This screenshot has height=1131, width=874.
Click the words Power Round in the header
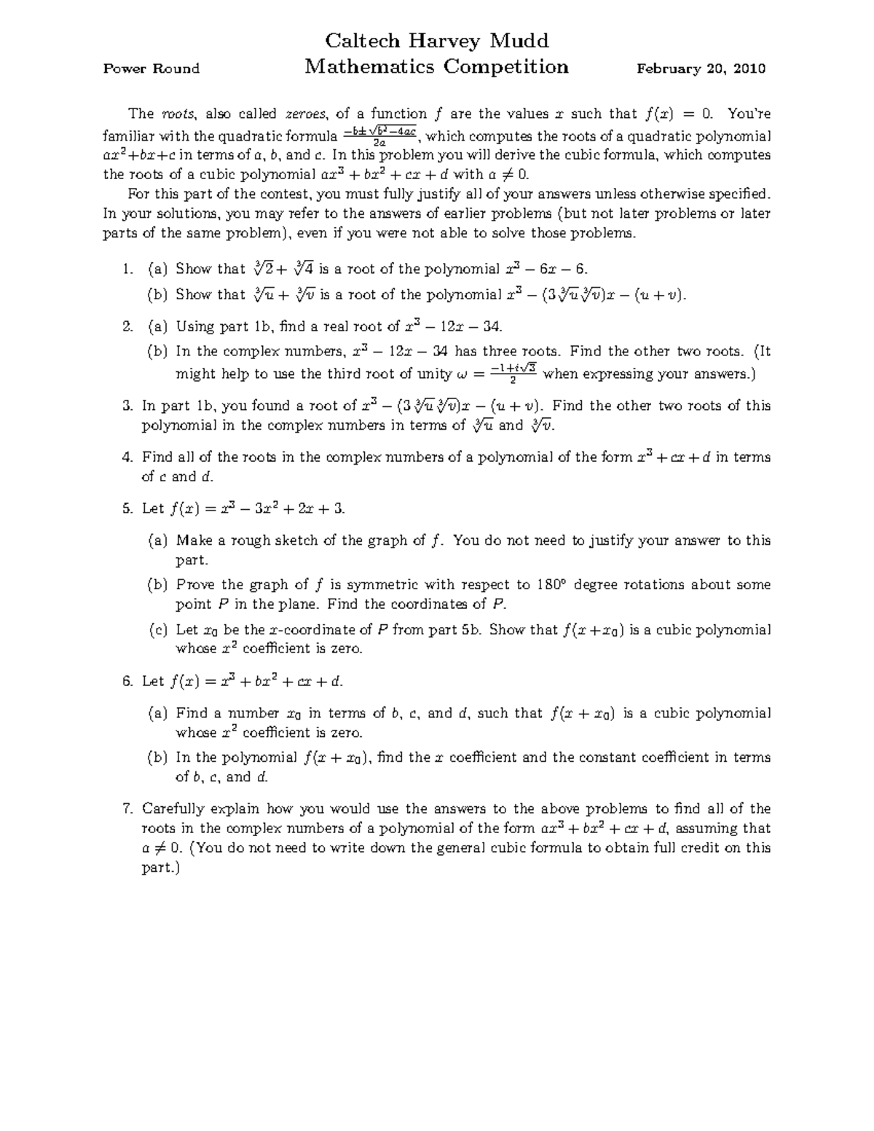point(151,69)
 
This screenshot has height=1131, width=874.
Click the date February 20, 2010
point(701,69)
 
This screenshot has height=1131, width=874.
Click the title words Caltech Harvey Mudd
point(436,40)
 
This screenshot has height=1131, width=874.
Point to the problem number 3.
point(127,406)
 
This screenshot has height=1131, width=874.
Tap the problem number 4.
point(127,457)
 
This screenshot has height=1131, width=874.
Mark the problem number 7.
point(127,808)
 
